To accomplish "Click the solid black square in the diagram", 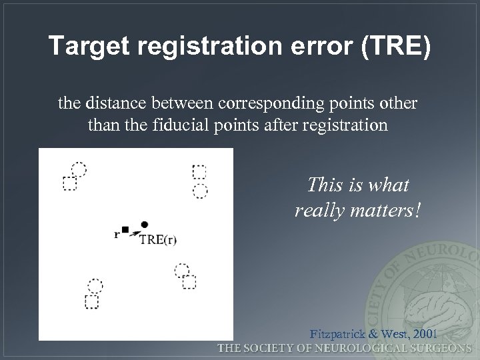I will tap(125, 230).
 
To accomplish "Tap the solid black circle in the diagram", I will tap(145, 225).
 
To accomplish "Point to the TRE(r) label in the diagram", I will tap(158, 240).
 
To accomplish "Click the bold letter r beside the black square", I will tap(117, 233).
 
